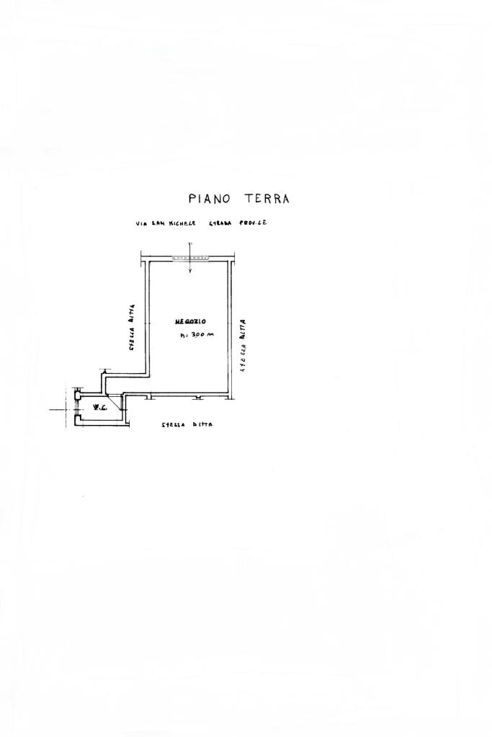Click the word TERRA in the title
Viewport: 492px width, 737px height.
point(267,199)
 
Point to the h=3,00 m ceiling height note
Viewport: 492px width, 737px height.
point(197,334)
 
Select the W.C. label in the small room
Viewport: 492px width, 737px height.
point(99,408)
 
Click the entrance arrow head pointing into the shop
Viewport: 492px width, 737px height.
point(189,272)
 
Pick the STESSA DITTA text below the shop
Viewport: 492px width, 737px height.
point(187,425)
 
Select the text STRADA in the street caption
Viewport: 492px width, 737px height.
point(220,224)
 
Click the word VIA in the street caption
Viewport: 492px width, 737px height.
point(140,224)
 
